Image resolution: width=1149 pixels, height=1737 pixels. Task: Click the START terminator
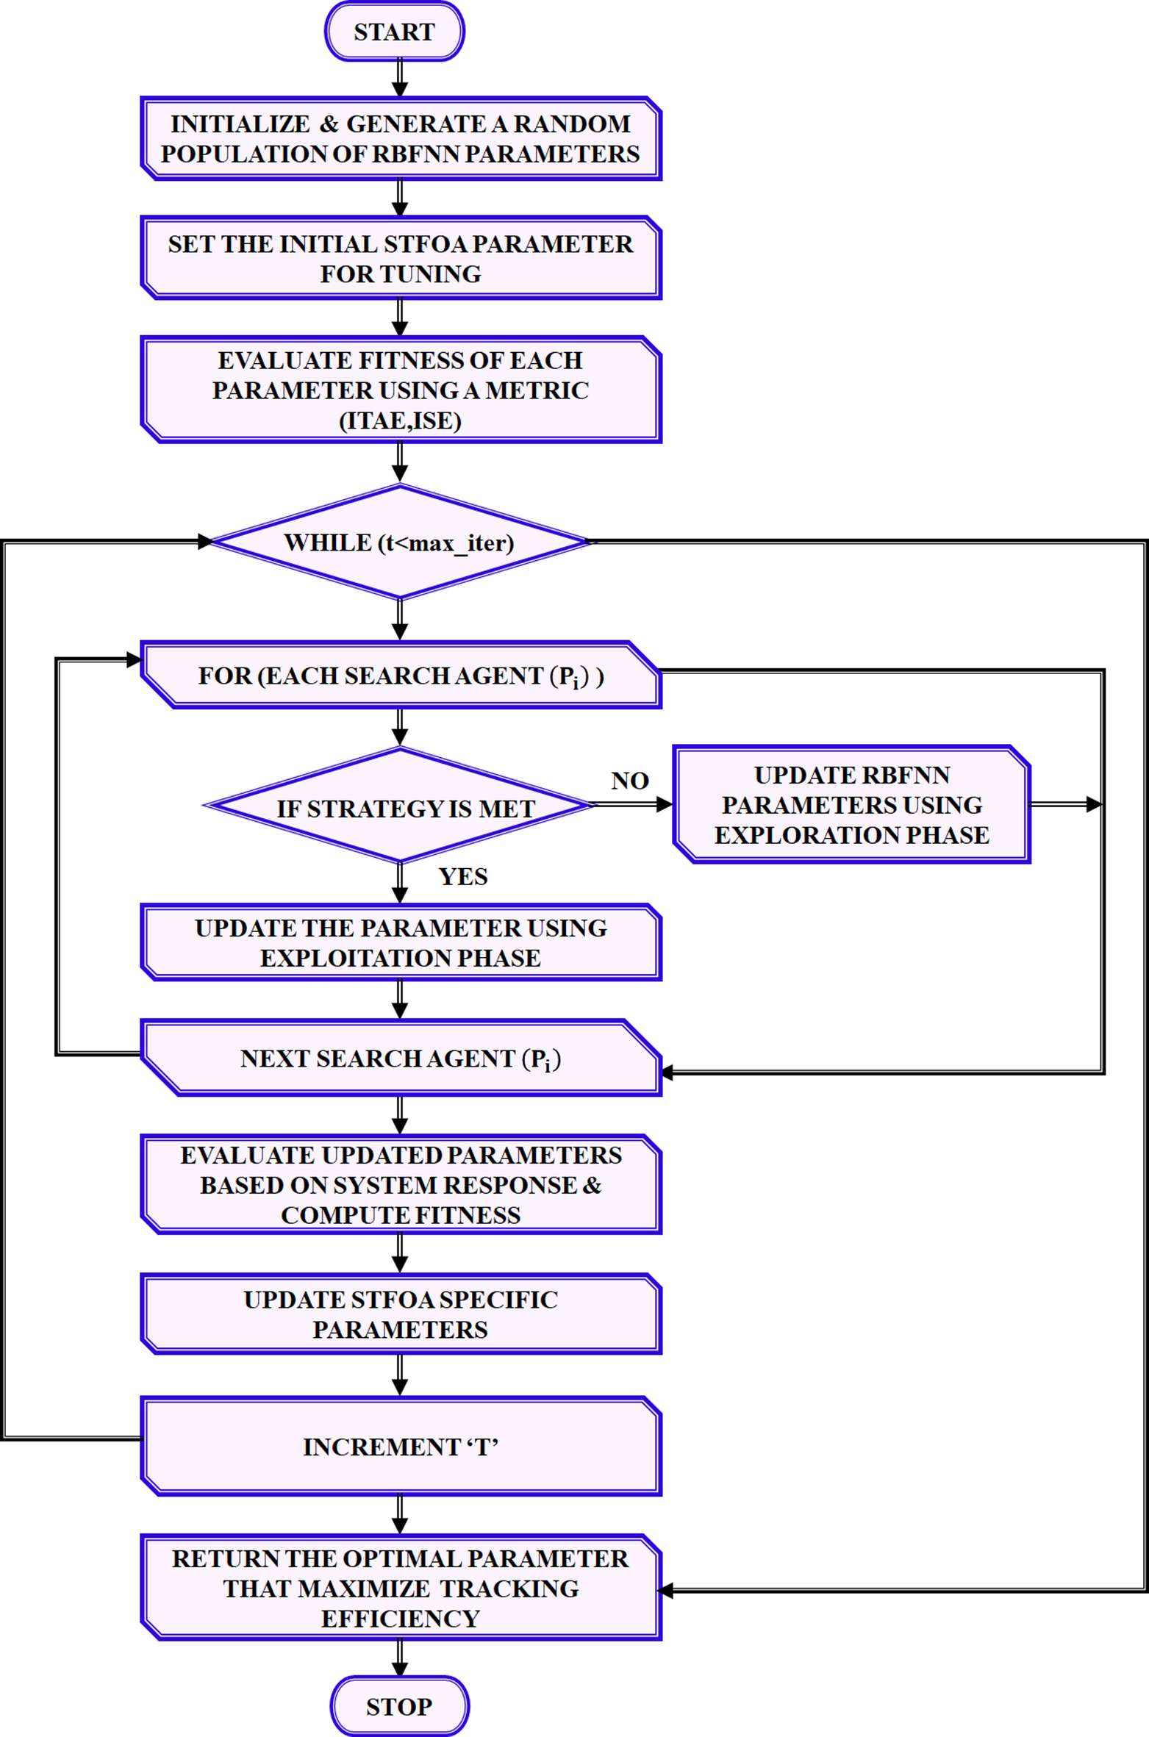click(394, 32)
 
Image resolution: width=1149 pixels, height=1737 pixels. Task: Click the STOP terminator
click(399, 1705)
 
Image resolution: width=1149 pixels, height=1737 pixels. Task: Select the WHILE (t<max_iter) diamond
click(399, 542)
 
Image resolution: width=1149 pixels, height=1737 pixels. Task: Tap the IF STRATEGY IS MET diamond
click(399, 807)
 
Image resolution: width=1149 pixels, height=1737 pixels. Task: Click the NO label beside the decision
click(629, 780)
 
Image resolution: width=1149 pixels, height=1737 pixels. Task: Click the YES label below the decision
click(462, 876)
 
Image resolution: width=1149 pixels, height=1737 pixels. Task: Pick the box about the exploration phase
click(851, 805)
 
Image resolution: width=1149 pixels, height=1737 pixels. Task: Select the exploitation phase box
click(401, 942)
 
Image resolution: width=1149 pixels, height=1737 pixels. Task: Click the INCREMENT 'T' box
click(401, 1447)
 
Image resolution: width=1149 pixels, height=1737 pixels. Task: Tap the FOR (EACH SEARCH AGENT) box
click(401, 676)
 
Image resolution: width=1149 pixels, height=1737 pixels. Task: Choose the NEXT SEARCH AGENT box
click(401, 1059)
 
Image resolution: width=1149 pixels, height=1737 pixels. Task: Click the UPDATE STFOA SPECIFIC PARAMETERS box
click(401, 1314)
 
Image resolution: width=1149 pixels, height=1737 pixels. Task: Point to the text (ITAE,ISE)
click(400, 420)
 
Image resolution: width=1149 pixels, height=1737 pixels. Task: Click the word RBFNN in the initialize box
click(417, 154)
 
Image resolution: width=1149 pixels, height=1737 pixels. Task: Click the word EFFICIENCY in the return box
click(400, 1619)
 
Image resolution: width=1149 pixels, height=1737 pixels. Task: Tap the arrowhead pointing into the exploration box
click(665, 804)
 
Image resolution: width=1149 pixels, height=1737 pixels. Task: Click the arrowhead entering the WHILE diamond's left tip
click(205, 542)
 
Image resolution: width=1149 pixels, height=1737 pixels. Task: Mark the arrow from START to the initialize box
click(399, 77)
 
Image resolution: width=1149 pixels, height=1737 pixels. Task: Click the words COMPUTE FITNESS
click(400, 1215)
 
